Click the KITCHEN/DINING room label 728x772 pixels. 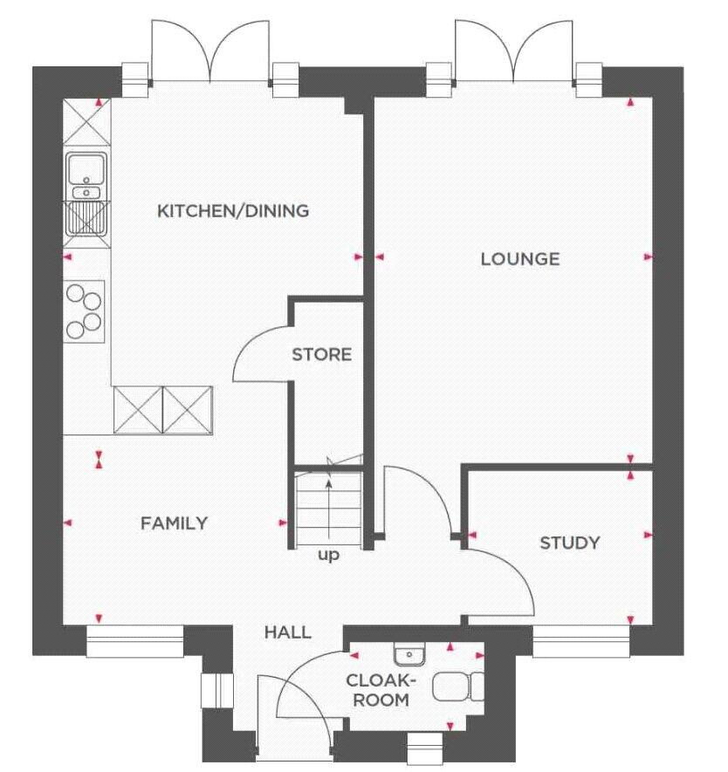pos(233,211)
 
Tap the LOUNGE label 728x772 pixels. pos(520,259)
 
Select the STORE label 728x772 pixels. pos(321,354)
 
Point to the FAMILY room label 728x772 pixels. pos(174,523)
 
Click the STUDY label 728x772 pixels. pos(570,543)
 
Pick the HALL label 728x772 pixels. pos(288,632)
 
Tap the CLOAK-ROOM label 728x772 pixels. pos(381,690)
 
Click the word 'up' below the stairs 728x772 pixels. pos(328,556)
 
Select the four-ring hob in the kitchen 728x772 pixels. pos(84,311)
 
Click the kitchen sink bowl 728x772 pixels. pos(86,169)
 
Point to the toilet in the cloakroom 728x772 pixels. pos(458,687)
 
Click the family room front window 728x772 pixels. pos(135,641)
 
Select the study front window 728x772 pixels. pos(581,641)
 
